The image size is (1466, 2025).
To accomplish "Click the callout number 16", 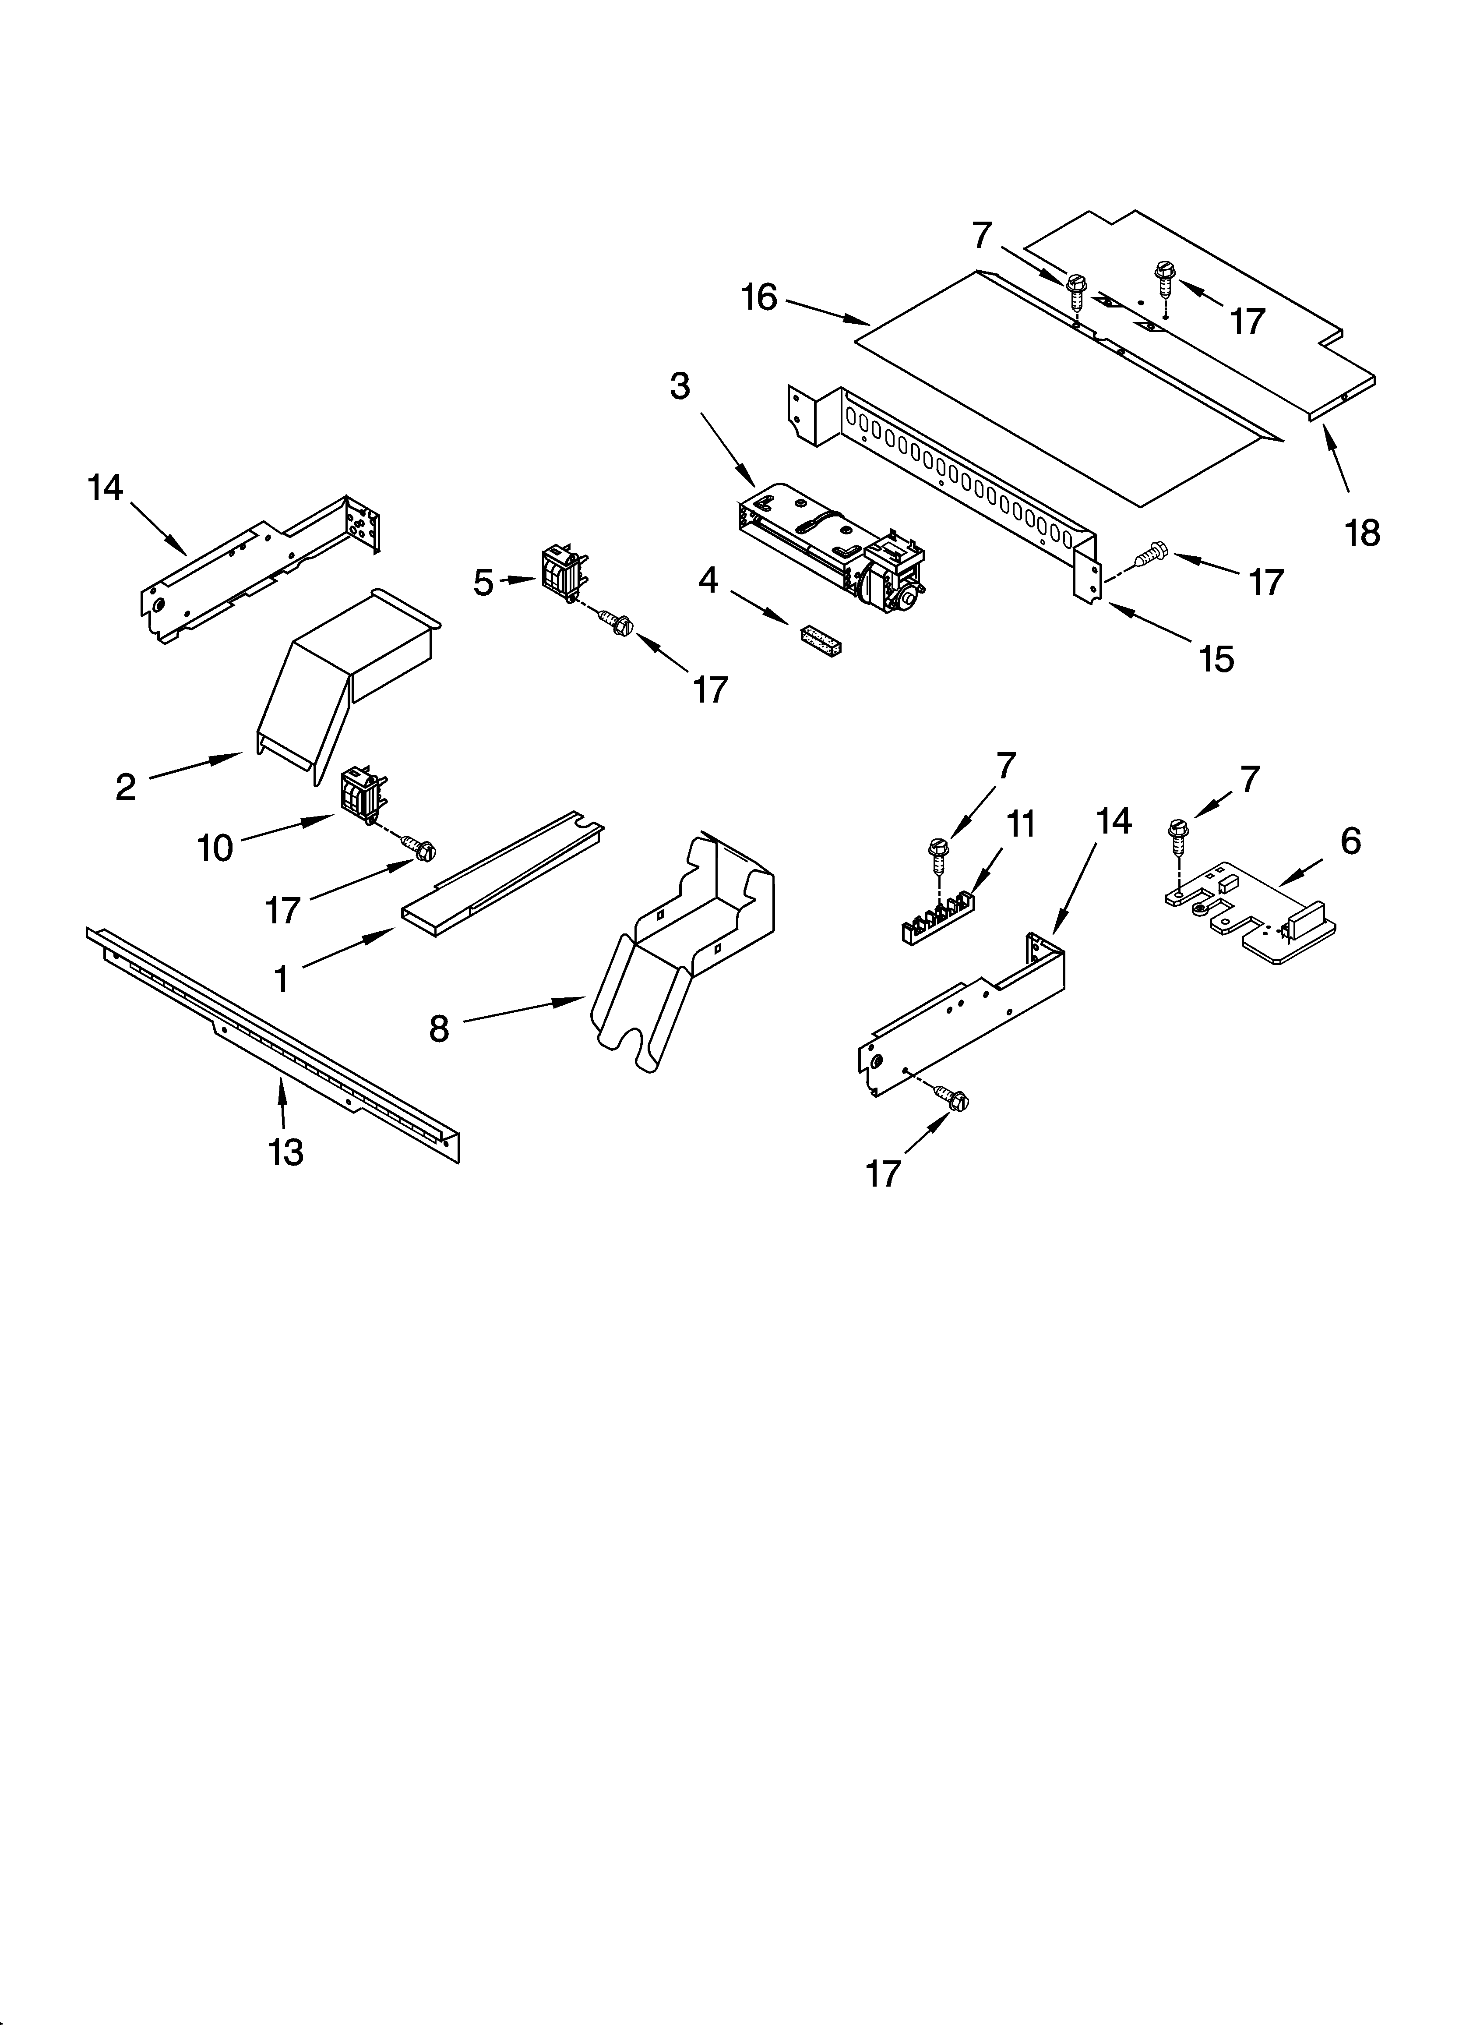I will (760, 297).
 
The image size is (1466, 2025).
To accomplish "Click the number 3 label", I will (680, 387).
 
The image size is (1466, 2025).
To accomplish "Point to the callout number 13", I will (285, 1152).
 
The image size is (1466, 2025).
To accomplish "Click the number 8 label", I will (438, 1029).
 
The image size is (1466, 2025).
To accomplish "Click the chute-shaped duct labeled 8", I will (687, 947).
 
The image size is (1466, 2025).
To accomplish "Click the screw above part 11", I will (938, 855).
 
